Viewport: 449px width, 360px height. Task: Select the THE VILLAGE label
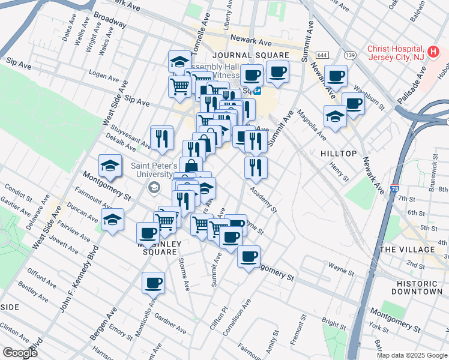(407, 249)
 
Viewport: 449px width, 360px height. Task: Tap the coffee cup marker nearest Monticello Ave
(153, 282)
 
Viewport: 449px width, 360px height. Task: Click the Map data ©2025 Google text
(412, 355)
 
